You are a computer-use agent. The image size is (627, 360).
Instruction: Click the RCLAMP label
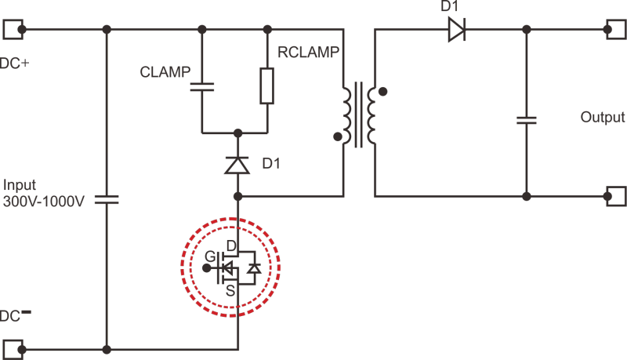tap(308, 52)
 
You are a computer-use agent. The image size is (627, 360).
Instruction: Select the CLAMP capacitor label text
tap(165, 72)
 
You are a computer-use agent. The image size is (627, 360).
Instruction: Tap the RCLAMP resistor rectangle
tap(267, 86)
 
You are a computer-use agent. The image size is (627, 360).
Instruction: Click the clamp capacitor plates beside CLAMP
tap(202, 87)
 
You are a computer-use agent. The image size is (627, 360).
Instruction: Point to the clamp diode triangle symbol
tap(237, 165)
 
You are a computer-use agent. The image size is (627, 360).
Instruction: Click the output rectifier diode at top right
tap(457, 29)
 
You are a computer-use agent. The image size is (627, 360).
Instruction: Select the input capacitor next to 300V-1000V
tap(107, 199)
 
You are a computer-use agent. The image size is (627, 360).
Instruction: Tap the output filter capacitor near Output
tap(527, 120)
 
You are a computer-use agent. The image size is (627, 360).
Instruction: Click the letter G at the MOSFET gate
tap(210, 256)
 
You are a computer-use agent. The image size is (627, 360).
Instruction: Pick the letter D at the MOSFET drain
tap(231, 245)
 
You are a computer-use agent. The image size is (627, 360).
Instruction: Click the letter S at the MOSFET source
tap(230, 291)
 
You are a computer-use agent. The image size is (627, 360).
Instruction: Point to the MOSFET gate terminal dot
tap(207, 268)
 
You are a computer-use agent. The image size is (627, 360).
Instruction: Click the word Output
tap(602, 117)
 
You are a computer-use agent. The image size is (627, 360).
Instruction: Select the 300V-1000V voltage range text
tap(44, 202)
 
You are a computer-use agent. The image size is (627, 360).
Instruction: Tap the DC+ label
tap(14, 64)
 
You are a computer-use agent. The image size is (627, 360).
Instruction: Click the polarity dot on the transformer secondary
tap(382, 92)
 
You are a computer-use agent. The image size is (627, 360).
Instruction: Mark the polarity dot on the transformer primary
tap(338, 136)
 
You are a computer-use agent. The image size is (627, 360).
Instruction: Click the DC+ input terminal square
tap(13, 29)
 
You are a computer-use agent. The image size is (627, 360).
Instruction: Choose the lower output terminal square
tap(617, 196)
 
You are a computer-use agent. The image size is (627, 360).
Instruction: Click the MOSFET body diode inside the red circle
tap(254, 268)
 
